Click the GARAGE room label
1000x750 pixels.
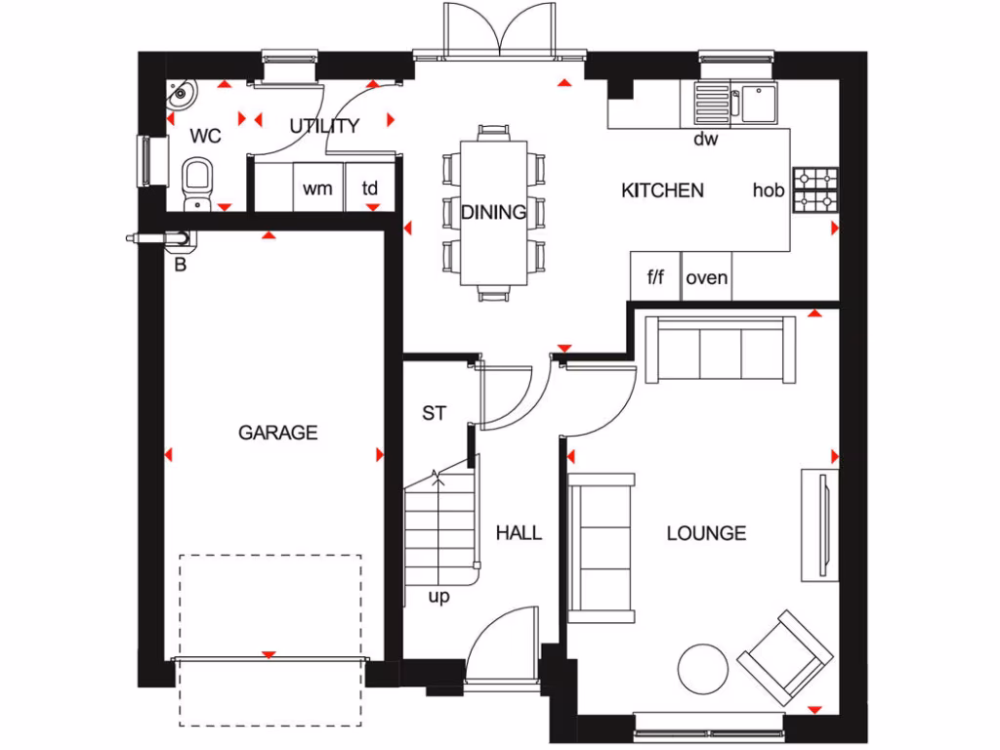click(278, 432)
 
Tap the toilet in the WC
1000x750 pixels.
click(198, 182)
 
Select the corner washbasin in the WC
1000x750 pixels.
click(182, 96)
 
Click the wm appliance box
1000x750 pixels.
click(316, 188)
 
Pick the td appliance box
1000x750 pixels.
click(371, 188)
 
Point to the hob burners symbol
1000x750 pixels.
click(814, 190)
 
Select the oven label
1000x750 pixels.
click(706, 277)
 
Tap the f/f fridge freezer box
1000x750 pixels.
click(655, 277)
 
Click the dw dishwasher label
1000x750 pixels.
click(705, 140)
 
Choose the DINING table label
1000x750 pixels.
click(493, 212)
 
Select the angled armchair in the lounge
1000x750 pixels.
click(785, 657)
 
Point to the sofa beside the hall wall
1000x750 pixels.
click(601, 547)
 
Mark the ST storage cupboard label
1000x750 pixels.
click(434, 414)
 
